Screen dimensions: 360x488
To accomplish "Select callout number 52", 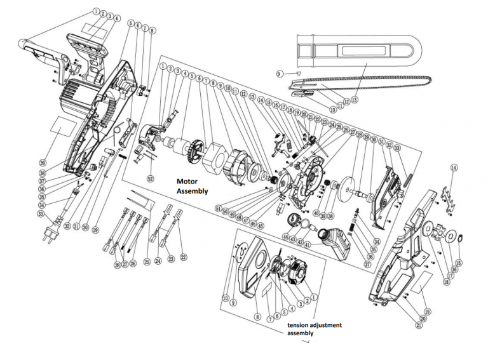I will tap(151, 178).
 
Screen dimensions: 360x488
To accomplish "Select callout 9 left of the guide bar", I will tap(278, 74).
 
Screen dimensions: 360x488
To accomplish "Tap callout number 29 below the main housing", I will tap(94, 230).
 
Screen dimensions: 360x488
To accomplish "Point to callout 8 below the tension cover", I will tap(257, 316).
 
